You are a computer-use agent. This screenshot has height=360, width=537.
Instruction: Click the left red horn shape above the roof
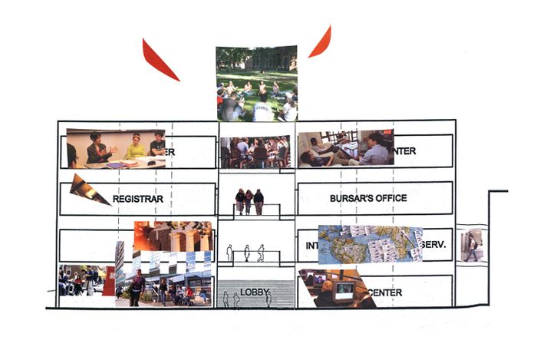[158, 60]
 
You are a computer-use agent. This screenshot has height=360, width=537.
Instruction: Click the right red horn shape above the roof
[321, 43]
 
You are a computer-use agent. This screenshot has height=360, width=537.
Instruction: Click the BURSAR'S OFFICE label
[368, 198]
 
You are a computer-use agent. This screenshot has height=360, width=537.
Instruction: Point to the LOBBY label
[254, 292]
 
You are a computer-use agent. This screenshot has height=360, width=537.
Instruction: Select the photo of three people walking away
[249, 201]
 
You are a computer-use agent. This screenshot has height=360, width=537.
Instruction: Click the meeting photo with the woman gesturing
[115, 149]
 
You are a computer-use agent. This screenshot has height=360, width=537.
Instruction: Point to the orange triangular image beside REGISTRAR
[88, 190]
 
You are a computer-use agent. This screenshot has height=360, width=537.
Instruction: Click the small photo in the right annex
[472, 246]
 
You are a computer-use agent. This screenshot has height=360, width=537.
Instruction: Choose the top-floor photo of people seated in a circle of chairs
[255, 152]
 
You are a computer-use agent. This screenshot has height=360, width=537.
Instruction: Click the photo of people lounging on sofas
[345, 149]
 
